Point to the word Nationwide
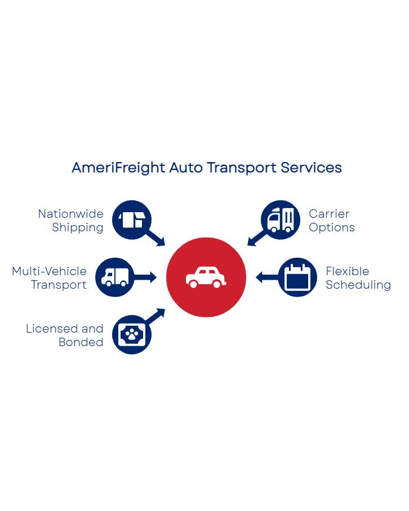(x=71, y=214)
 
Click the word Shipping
(x=78, y=228)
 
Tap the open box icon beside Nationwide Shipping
(x=132, y=219)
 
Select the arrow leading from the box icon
(x=157, y=239)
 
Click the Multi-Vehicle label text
(x=50, y=272)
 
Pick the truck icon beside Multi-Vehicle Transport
(x=114, y=277)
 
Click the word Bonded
(x=81, y=342)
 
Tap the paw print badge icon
(x=132, y=335)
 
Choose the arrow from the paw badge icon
(x=157, y=316)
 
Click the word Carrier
(x=330, y=214)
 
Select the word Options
(x=331, y=228)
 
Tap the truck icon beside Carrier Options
(x=280, y=219)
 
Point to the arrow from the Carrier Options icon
(x=255, y=239)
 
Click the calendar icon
(x=297, y=277)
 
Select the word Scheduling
(x=358, y=285)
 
